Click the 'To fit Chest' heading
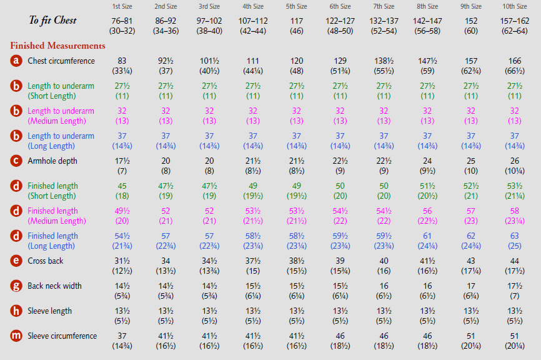(x=52, y=20)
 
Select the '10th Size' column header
(x=514, y=7)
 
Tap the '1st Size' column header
(x=122, y=7)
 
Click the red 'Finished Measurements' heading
(x=57, y=46)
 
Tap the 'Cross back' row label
(x=45, y=261)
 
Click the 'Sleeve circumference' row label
(x=62, y=336)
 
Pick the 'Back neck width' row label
(x=54, y=286)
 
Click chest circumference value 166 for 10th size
(x=514, y=61)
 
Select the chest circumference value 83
(x=122, y=61)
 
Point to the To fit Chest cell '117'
(x=296, y=21)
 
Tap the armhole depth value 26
(x=514, y=161)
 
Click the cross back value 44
(x=514, y=261)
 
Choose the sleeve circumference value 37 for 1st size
(x=122, y=336)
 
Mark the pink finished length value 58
(x=514, y=211)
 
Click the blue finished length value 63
(x=514, y=236)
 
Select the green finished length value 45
(x=122, y=186)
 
